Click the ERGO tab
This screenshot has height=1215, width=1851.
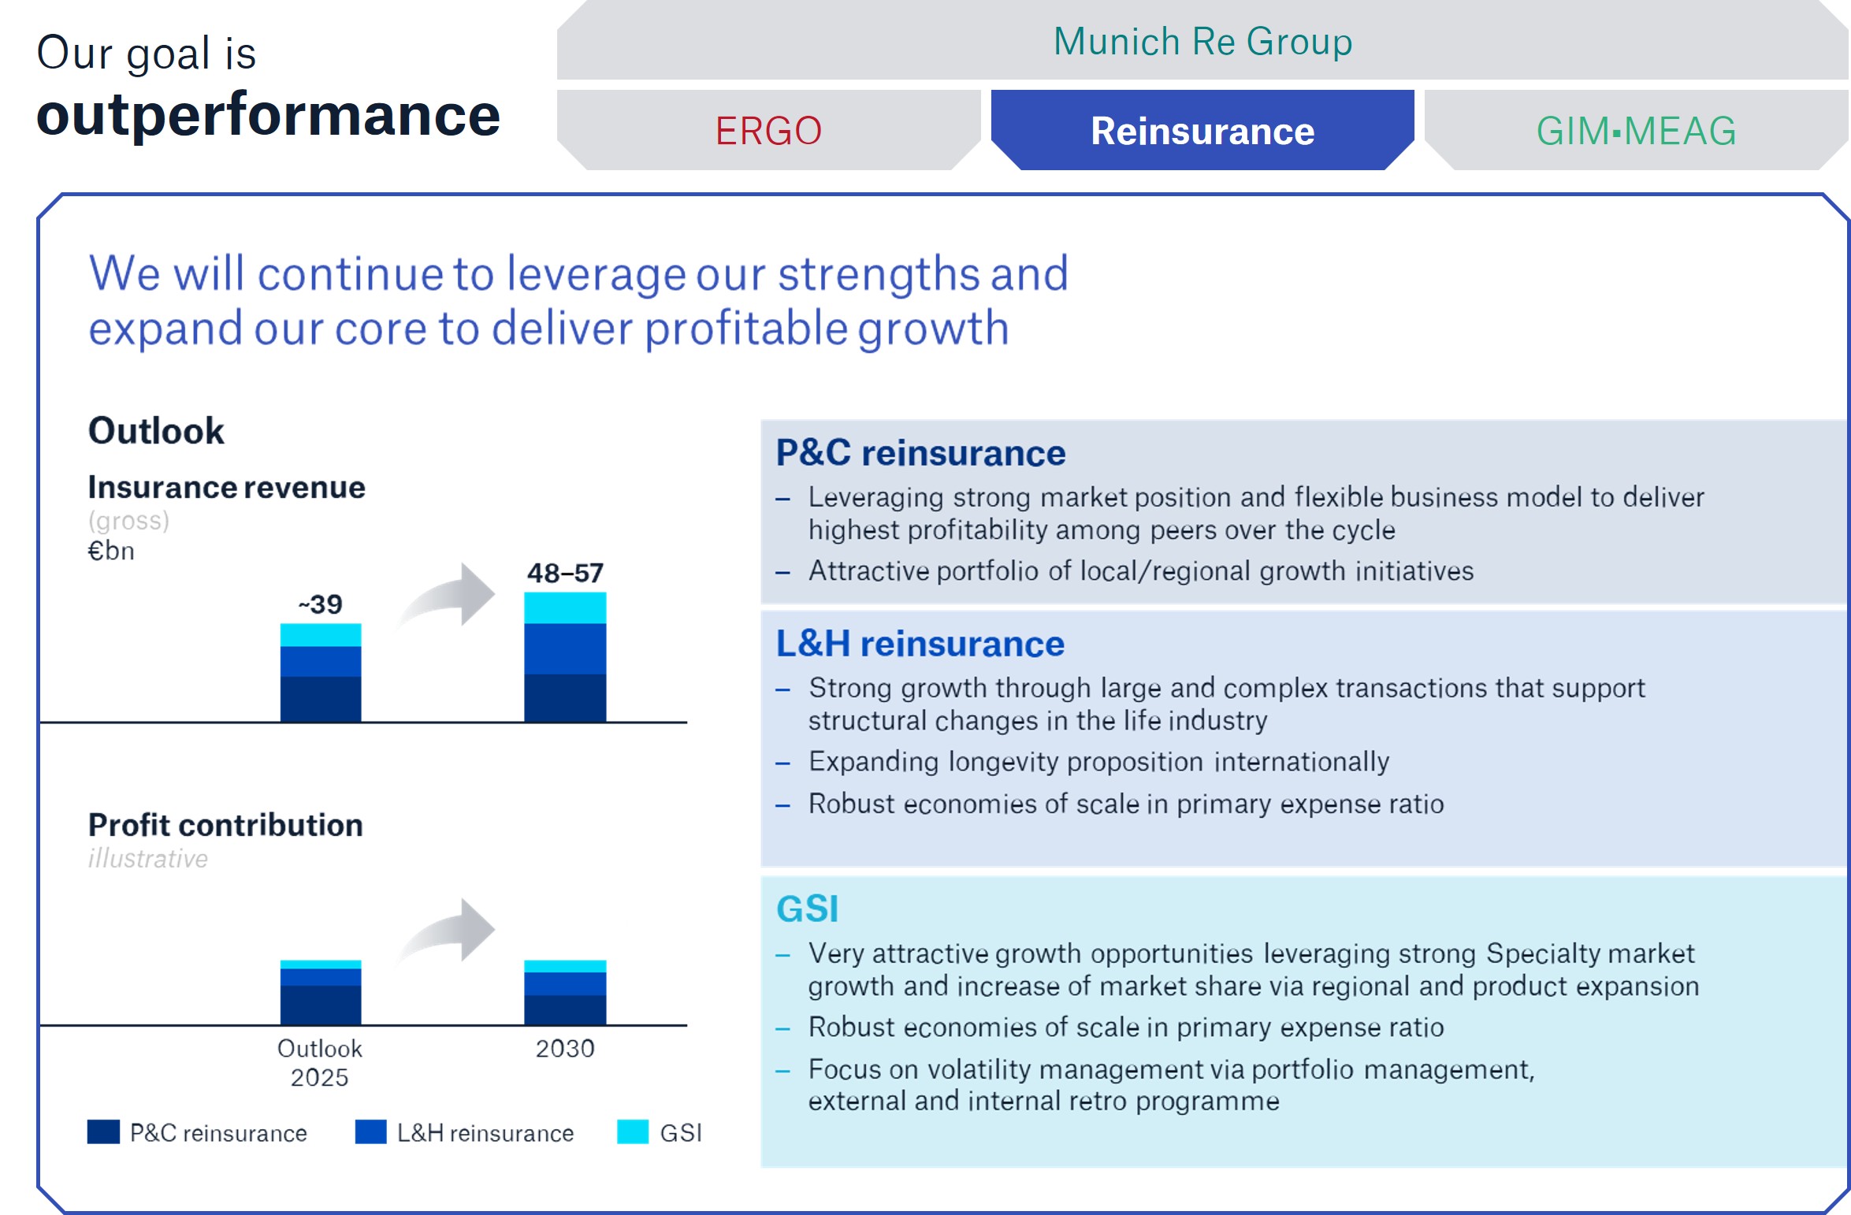[768, 131]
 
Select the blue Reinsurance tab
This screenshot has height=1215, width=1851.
[1202, 131]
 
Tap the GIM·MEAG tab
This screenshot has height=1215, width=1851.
[1636, 131]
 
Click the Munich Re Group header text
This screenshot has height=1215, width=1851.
[1202, 42]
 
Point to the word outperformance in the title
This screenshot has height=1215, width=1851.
[268, 115]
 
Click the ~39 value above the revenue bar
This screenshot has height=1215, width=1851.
[321, 604]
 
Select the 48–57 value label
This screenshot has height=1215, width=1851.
[565, 573]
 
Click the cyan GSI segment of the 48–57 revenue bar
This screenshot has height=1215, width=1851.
[565, 607]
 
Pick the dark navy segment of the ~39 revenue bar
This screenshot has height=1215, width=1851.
[321, 698]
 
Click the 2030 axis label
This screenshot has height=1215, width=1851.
[565, 1049]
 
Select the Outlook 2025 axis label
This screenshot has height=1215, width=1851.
[320, 1063]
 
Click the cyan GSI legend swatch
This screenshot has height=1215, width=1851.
[633, 1131]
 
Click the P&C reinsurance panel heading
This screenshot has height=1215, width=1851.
[920, 453]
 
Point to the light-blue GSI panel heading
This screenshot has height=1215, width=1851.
[807, 908]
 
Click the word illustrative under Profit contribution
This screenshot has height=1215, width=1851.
[148, 858]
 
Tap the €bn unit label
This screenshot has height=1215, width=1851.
[111, 551]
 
